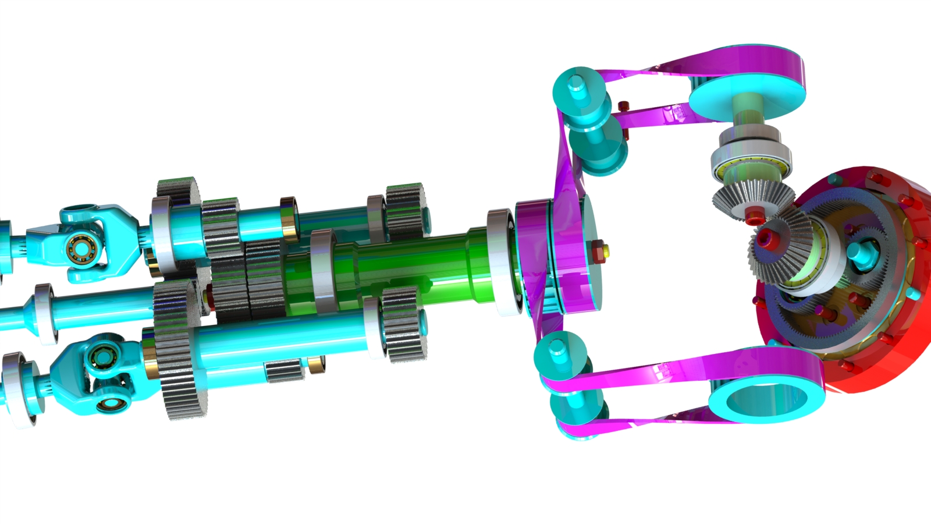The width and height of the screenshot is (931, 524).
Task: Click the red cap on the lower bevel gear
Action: [763, 239]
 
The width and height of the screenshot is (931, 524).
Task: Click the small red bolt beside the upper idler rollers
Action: [624, 107]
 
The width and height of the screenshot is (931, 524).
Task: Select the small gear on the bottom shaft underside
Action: [285, 370]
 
